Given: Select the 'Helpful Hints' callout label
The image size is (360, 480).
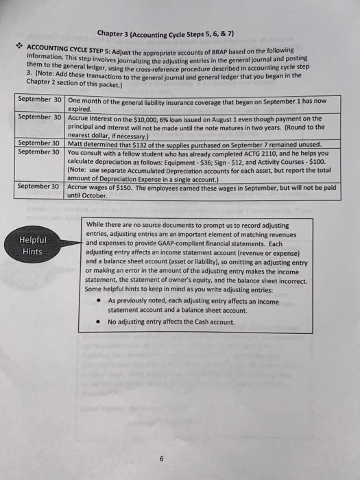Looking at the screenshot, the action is point(33,245).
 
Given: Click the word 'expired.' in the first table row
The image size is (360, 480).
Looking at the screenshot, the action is point(80,108).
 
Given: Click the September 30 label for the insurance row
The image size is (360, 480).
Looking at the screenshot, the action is point(39,99).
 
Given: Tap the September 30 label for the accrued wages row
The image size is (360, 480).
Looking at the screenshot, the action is point(39,186).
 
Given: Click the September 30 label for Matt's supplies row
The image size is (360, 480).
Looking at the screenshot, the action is point(39,143).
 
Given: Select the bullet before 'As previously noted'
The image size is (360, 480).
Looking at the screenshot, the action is point(100,300).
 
